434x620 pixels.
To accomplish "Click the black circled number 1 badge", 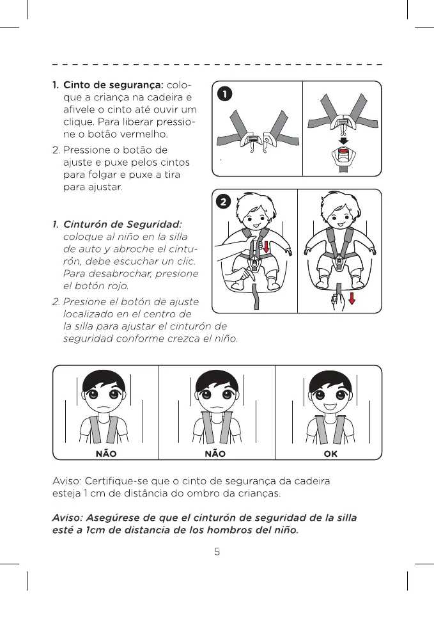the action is click(x=225, y=94).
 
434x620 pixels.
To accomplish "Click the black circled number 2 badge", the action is click(x=224, y=202).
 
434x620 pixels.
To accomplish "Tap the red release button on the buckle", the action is click(x=344, y=152).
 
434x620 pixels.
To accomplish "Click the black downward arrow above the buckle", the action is click(x=344, y=141).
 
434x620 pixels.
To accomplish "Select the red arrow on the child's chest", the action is click(x=266, y=246).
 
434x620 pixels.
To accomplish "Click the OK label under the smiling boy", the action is click(x=330, y=454).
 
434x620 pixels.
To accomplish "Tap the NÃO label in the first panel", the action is click(x=106, y=454).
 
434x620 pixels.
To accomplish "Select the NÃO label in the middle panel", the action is click(x=215, y=454).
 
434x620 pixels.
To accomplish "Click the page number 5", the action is click(x=217, y=552).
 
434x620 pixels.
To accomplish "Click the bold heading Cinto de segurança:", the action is click(x=113, y=85).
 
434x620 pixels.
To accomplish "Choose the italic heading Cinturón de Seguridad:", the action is click(x=123, y=225).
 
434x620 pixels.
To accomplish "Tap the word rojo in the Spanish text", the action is click(x=118, y=286).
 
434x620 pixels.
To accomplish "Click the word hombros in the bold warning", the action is click(x=230, y=530).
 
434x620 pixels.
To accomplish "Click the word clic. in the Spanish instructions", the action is click(x=185, y=261).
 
